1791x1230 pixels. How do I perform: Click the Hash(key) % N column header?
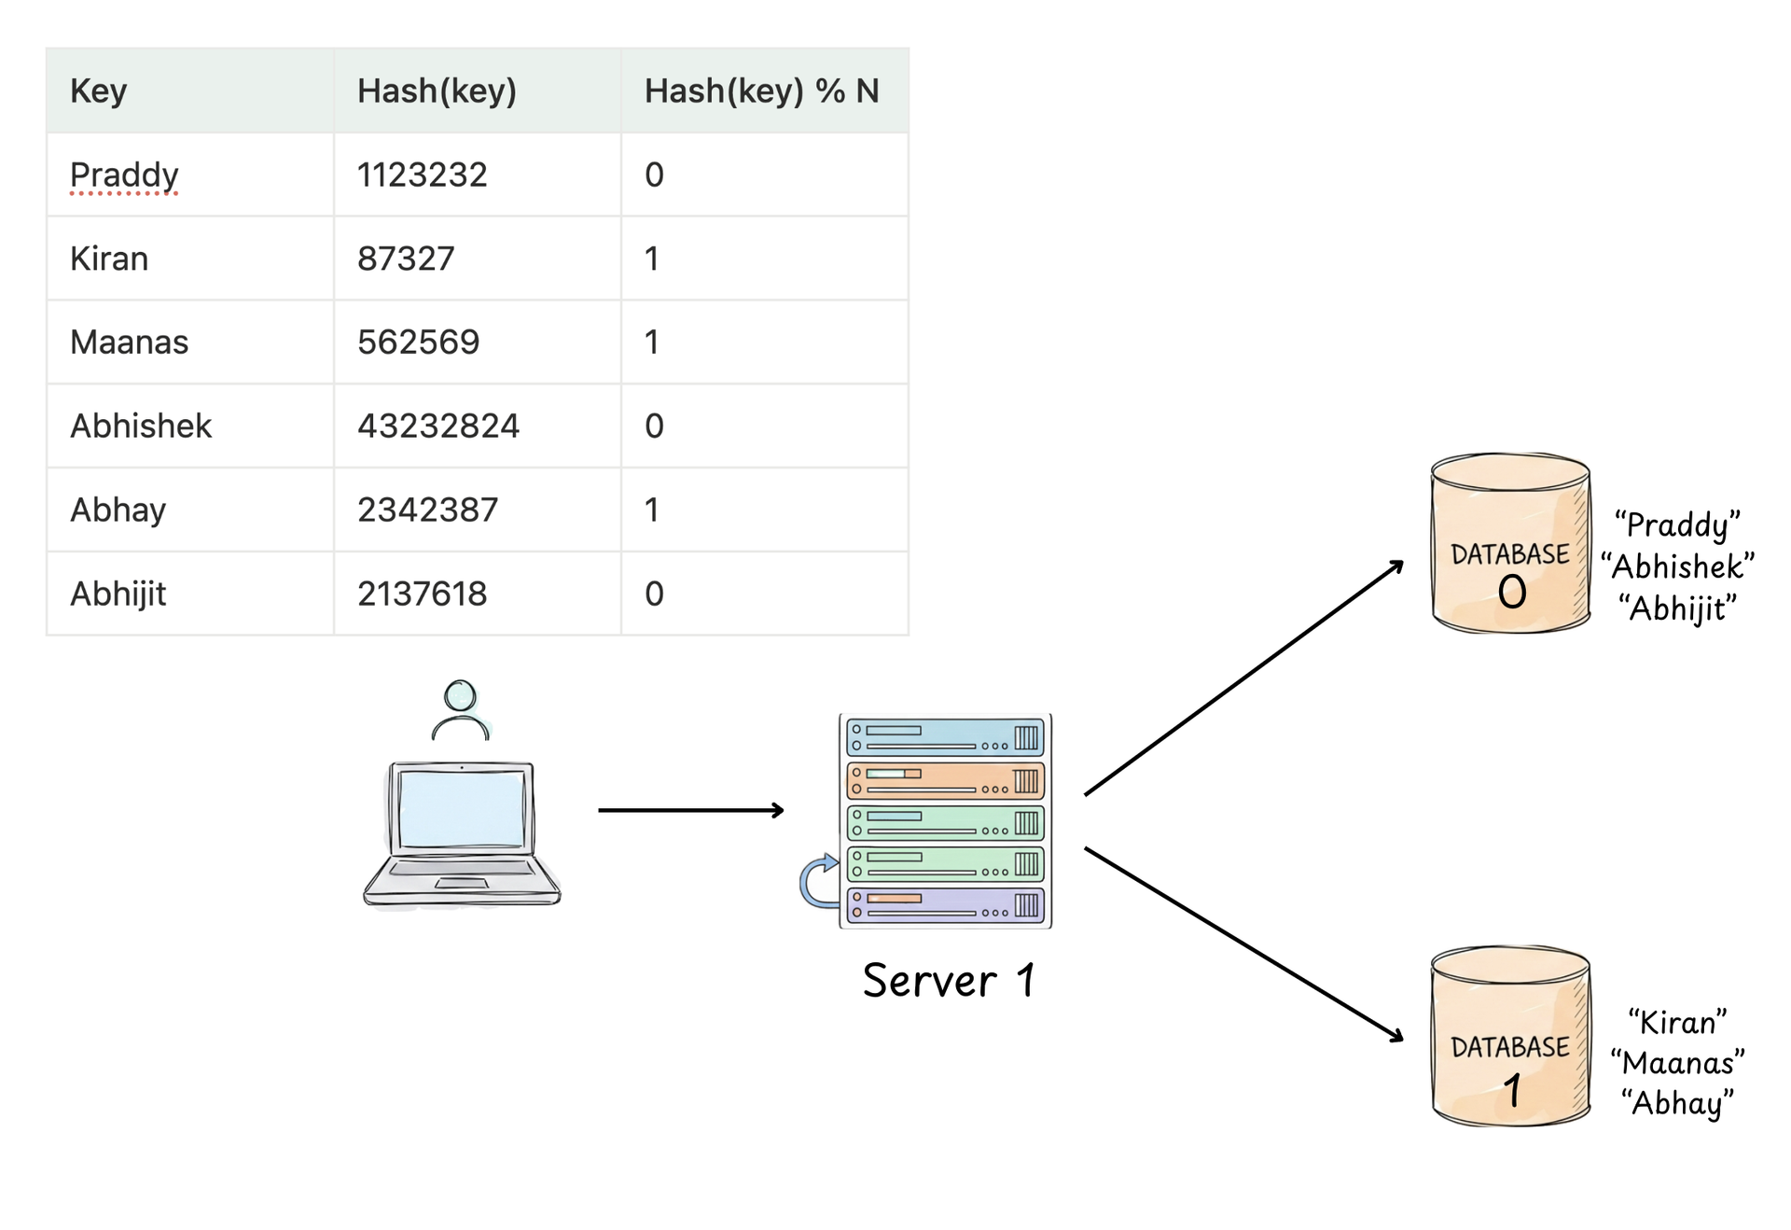761,91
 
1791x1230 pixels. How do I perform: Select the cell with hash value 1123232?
422,175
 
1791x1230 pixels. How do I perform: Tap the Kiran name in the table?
109,259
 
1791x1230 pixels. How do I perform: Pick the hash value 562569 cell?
418,342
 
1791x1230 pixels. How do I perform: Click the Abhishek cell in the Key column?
141,426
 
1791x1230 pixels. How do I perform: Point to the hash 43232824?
437,426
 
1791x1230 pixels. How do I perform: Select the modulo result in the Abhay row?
652,510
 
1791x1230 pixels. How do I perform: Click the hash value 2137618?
422,594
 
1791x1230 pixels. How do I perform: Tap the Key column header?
98,91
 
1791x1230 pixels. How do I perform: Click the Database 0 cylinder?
1509,544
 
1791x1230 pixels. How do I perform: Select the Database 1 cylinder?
1509,1036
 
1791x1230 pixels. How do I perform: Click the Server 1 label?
948,981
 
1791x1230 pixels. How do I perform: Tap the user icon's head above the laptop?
460,695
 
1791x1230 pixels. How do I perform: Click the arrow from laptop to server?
690,810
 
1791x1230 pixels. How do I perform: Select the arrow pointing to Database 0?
1243,678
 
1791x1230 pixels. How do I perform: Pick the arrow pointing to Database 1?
1243,943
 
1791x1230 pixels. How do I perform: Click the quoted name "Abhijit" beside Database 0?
1677,608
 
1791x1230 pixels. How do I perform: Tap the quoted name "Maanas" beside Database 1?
1677,1063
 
